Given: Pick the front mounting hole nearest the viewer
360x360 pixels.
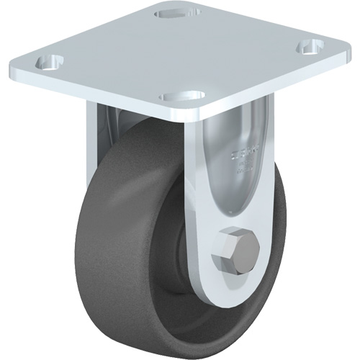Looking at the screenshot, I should [x=177, y=95].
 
